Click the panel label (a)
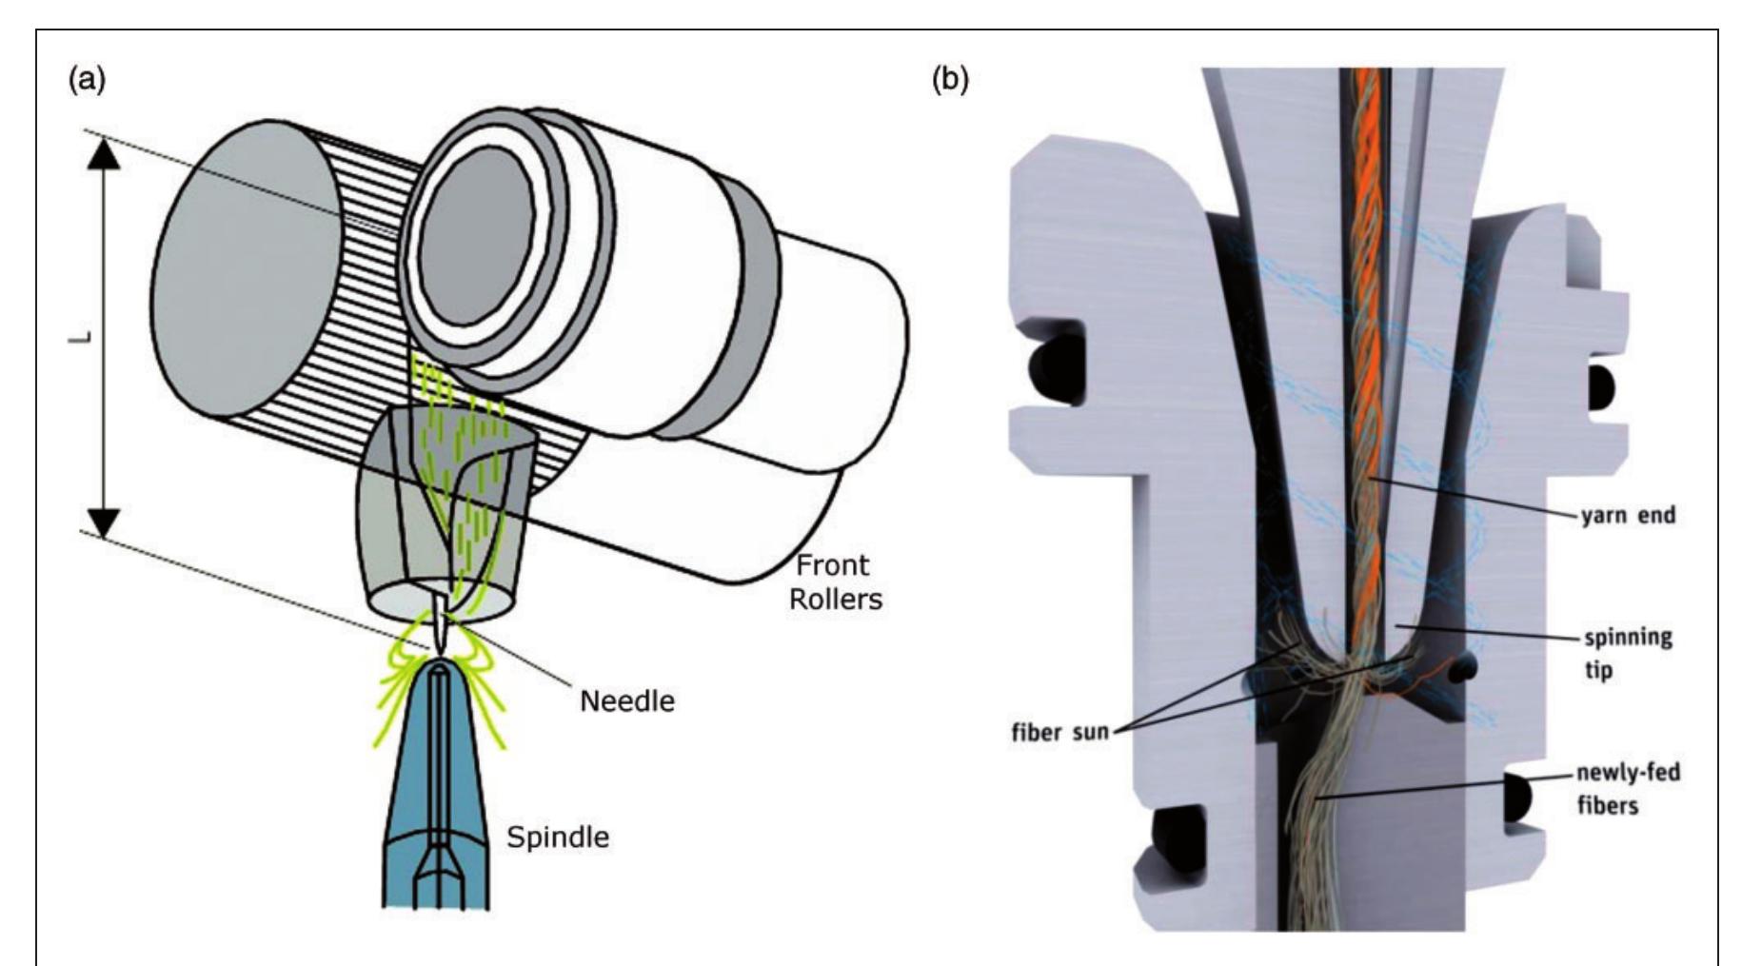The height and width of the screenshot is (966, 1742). point(87,81)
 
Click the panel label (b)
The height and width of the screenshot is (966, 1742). point(949,81)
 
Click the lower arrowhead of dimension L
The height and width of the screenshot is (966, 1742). point(105,521)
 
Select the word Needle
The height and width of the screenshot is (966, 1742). point(626,701)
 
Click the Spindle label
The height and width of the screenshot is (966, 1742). point(557,838)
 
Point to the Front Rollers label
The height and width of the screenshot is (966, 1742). point(835,582)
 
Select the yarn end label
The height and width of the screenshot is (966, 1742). point(1628,517)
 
